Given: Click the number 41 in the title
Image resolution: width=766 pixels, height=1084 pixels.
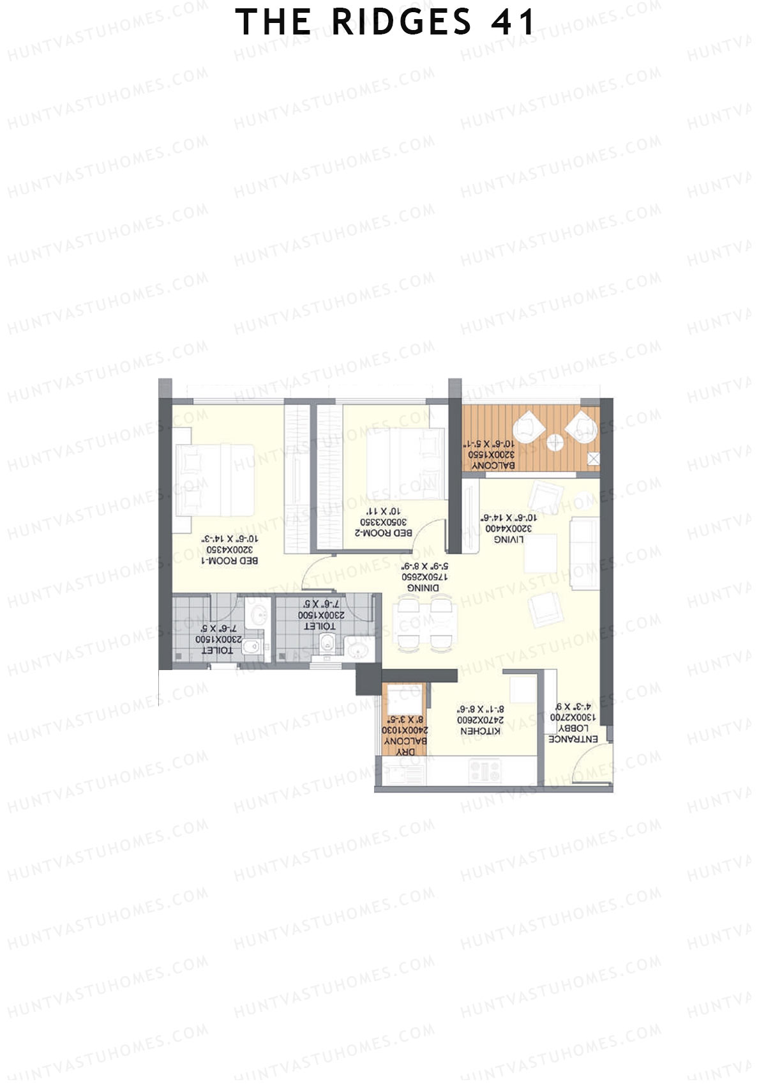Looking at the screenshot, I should (x=514, y=23).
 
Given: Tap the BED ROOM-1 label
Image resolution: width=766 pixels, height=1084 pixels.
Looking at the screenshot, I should (x=230, y=560).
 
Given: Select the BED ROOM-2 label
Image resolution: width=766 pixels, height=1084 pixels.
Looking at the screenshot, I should (x=384, y=532).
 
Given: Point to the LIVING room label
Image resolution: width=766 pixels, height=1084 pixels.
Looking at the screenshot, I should (x=509, y=539).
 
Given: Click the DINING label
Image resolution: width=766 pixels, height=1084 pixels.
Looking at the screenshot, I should (x=423, y=587).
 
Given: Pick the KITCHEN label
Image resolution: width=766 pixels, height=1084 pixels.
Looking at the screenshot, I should (x=481, y=730).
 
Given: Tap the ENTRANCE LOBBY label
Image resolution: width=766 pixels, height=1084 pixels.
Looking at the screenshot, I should (x=573, y=733).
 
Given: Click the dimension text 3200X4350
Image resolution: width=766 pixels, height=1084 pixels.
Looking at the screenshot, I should (x=230, y=549).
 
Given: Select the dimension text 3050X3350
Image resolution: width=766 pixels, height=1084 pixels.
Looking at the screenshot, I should (x=384, y=522).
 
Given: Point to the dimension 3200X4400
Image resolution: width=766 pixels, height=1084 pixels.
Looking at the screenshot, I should (x=509, y=528).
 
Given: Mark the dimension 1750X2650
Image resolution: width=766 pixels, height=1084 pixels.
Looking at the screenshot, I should (x=423, y=576).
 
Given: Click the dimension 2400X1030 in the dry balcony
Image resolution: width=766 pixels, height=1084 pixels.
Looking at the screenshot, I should (x=405, y=729).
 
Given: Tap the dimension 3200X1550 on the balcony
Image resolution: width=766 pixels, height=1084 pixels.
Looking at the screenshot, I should (x=492, y=454).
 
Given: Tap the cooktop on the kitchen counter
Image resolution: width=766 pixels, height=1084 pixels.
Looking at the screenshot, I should (x=485, y=771).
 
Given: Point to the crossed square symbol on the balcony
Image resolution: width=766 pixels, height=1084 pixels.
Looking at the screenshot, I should (x=593, y=459).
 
